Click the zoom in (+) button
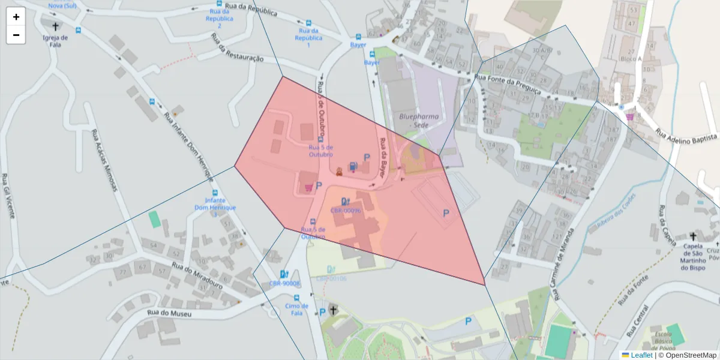click(x=16, y=17)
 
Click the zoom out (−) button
click(x=16, y=35)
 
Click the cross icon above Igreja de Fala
click(x=56, y=26)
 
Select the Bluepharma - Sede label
click(x=418, y=121)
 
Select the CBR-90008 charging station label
click(x=284, y=283)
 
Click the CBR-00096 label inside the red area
click(x=346, y=211)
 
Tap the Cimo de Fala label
click(x=296, y=310)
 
